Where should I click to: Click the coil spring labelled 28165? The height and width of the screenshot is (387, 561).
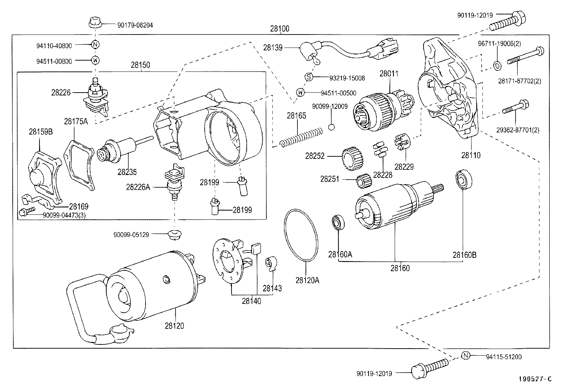pos(301,138)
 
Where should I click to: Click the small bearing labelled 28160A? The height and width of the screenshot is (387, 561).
pos(338,223)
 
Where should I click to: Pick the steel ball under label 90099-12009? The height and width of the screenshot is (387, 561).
pos(331,127)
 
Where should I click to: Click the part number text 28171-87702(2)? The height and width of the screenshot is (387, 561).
pos(519,81)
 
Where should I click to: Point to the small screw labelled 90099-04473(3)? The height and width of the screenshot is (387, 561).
pos(25,212)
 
